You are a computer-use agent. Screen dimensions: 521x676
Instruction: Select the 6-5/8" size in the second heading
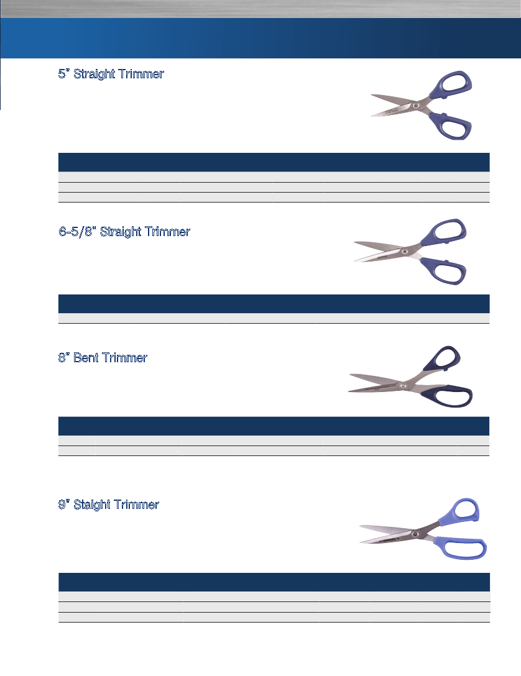click(77, 232)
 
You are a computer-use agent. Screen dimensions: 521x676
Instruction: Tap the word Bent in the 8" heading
click(86, 358)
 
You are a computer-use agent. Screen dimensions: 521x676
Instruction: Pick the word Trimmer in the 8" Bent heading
click(125, 358)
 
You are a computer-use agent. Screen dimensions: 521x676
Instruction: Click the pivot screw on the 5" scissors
click(416, 106)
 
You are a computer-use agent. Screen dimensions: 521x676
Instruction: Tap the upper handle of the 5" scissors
click(451, 84)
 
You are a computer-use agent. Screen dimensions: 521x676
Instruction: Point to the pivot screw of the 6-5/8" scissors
click(404, 251)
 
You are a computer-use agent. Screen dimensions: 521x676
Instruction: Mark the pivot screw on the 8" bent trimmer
click(403, 386)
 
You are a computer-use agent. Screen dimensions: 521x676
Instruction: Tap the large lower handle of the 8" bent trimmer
click(448, 396)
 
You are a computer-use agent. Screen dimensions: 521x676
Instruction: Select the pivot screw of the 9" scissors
click(415, 534)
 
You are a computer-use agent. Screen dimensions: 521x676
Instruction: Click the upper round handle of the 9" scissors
click(460, 511)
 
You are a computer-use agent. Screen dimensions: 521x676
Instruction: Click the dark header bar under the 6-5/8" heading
click(274, 303)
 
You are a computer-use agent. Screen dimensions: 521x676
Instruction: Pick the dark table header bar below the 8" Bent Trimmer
click(274, 426)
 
